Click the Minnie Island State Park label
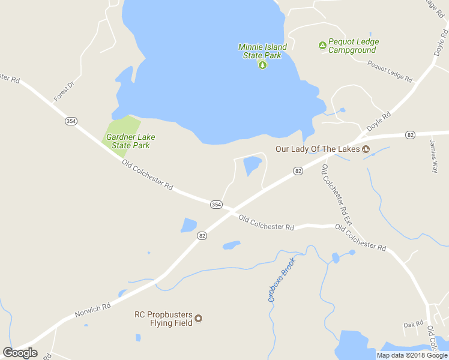pos(262,51)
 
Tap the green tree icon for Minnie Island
pos(262,65)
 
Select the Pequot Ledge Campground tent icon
pos(322,45)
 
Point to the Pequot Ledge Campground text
pos(352,46)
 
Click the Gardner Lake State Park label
pos(127,141)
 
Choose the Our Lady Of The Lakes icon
pos(365,149)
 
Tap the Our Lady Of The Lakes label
pos(317,149)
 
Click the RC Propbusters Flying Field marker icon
pos(199,318)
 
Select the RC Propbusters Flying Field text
pos(163,318)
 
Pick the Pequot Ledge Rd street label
pos(390,71)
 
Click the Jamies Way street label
pos(433,156)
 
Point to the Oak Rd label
pos(414,325)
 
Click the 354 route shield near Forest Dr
pos(71,121)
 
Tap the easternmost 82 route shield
pos(410,134)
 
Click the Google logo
pos(20,353)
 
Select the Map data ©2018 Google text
pos(412,355)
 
